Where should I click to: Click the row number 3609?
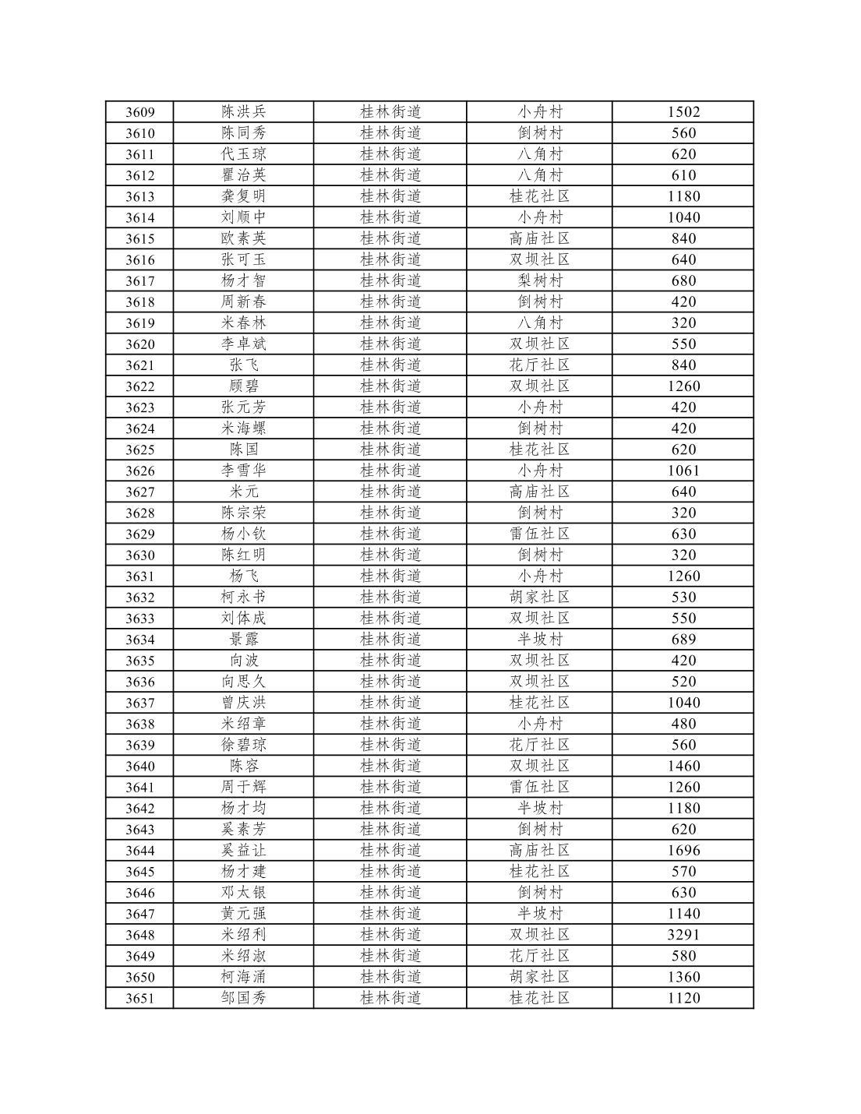(x=140, y=112)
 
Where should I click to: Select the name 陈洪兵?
(x=243, y=111)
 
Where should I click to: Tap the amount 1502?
(x=683, y=111)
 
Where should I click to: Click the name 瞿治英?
(x=243, y=175)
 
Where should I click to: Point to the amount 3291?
(x=683, y=935)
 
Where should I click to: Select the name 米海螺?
(x=243, y=428)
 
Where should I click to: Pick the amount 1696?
(x=683, y=851)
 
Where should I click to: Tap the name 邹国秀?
(x=243, y=998)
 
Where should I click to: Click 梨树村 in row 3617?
(x=540, y=280)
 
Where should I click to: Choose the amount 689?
(x=683, y=640)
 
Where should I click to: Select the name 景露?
(x=243, y=640)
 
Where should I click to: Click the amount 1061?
(x=683, y=471)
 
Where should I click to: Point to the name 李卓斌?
(x=243, y=344)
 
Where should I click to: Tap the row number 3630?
(x=140, y=555)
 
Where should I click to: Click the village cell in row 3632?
(x=540, y=598)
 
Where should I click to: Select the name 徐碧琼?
(x=243, y=745)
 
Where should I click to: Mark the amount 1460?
(x=683, y=766)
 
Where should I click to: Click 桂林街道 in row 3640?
(x=390, y=766)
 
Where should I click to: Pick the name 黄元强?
(x=243, y=914)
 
